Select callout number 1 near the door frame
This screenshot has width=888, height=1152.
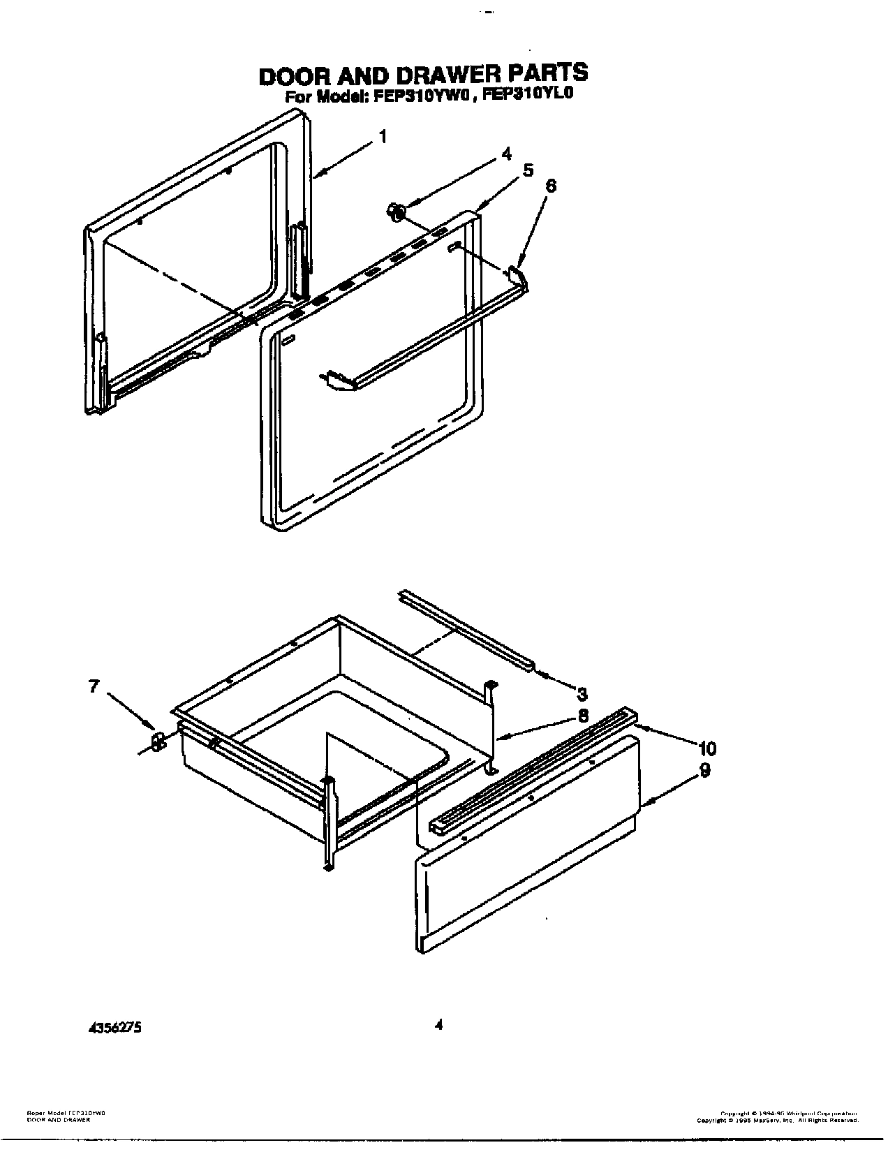tap(382, 138)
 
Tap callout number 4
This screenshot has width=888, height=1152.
tap(507, 154)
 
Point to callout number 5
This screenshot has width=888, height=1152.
tap(528, 170)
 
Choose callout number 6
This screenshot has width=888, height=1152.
tap(551, 186)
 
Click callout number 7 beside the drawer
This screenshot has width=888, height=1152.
tap(94, 686)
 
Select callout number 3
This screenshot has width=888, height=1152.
tap(582, 693)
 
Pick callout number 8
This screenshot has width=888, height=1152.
tap(582, 716)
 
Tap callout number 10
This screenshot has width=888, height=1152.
tap(706, 748)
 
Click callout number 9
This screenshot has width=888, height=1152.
tap(705, 770)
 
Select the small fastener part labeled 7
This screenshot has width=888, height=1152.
tap(158, 741)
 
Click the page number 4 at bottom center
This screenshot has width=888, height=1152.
tap(438, 1026)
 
